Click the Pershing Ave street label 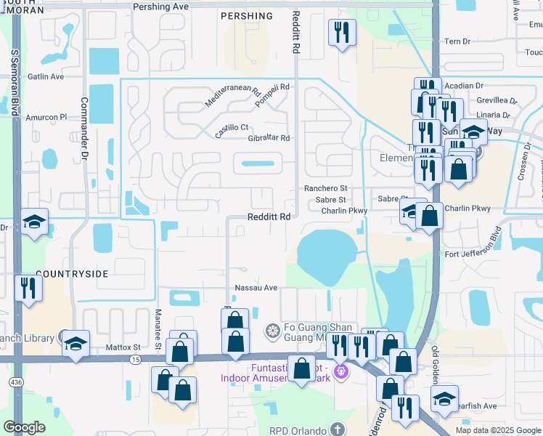coord(161,6)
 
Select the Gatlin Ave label coord(46,76)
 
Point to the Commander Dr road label coord(84,129)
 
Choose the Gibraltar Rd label coord(269,138)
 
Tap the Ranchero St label coord(326,188)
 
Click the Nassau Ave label coord(261,288)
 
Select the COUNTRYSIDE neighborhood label coord(72,274)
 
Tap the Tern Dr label coord(457,41)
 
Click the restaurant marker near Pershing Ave coord(341,32)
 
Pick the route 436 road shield coord(16,381)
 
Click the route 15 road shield coord(136,360)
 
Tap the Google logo coord(25,427)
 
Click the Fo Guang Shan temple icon coord(273,332)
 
